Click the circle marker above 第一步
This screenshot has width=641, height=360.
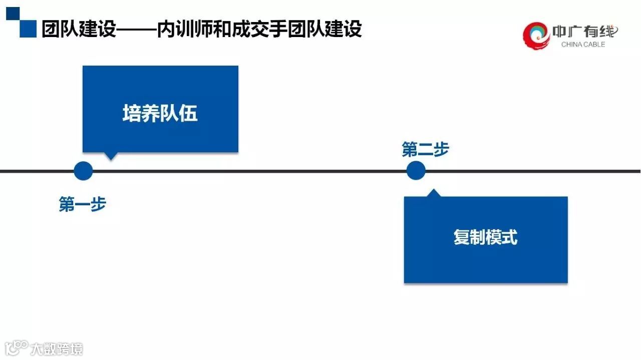83,171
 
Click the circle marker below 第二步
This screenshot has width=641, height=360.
416,171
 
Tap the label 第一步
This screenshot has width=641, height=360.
83,204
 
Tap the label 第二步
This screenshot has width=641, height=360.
425,149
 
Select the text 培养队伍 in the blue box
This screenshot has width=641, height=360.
160,114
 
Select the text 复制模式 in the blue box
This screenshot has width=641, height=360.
485,237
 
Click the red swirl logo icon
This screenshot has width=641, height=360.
536,35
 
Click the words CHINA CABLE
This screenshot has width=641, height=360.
583,45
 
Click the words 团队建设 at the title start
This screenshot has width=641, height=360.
79,29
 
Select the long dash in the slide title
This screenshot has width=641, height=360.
136,30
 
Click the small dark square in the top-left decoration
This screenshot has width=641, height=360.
13,14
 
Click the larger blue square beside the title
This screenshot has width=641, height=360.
28,29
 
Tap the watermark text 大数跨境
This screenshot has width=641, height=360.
57,348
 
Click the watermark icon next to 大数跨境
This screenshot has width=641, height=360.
16,347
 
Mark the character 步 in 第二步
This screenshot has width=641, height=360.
441,149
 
